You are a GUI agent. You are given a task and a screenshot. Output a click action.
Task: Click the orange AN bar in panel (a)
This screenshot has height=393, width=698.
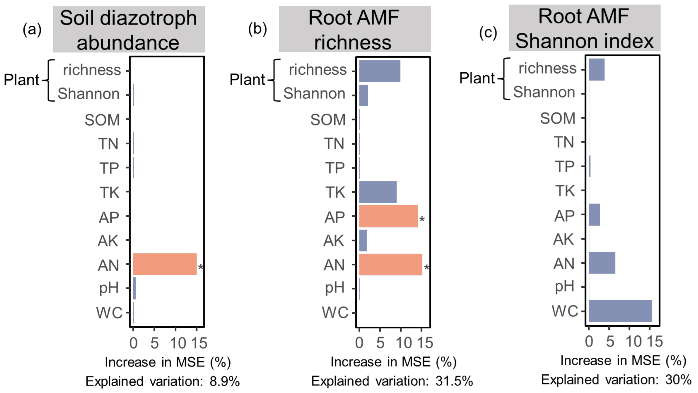click(165, 264)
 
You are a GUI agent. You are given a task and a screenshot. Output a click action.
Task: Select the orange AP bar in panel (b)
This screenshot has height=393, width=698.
click(388, 216)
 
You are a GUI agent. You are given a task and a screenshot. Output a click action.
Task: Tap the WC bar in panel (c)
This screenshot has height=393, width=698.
click(620, 311)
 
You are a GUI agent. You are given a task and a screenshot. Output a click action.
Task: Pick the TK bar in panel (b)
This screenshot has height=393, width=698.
click(378, 192)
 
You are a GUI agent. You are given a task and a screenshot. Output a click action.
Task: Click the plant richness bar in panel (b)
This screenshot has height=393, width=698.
click(380, 71)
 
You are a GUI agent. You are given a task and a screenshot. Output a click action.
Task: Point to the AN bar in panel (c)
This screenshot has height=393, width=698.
click(602, 263)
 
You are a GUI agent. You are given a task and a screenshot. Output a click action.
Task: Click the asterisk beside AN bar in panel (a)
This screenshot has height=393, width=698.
click(200, 267)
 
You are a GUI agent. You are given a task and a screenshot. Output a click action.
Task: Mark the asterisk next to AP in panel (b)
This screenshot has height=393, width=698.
click(422, 219)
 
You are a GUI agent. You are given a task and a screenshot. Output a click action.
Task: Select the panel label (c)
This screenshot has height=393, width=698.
click(488, 33)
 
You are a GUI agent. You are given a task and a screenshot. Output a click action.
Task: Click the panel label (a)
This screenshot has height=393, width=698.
click(32, 29)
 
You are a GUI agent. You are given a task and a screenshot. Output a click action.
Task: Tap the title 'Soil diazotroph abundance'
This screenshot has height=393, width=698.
click(129, 30)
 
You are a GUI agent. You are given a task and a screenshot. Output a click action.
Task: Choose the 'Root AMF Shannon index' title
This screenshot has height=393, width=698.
click(584, 28)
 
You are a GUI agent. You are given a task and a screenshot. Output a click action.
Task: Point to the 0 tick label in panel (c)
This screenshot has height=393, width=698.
click(589, 341)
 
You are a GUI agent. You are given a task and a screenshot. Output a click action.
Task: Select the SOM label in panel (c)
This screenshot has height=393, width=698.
click(558, 118)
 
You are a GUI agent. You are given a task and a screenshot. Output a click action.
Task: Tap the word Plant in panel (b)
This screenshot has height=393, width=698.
click(247, 80)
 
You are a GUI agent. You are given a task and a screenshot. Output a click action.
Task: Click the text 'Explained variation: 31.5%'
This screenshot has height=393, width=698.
click(392, 381)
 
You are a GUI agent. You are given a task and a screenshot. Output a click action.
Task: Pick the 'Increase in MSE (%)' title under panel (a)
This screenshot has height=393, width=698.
click(168, 362)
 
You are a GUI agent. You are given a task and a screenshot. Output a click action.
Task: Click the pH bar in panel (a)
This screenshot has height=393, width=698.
click(134, 288)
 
